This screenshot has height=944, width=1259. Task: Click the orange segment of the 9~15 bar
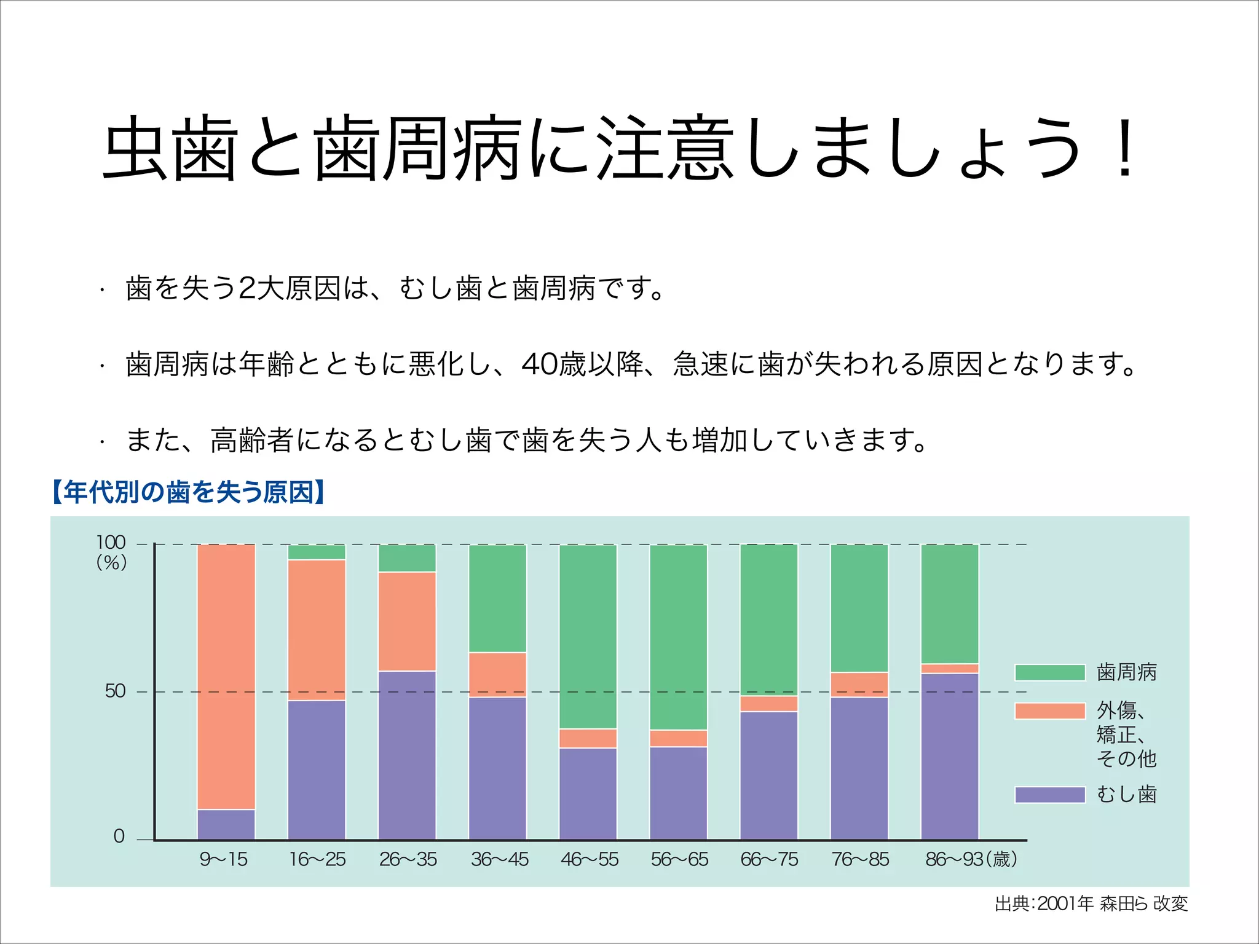[226, 676]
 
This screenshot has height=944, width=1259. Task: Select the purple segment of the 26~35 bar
[407, 755]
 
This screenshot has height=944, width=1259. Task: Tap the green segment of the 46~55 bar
[588, 636]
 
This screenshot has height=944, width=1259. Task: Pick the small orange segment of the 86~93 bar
[949, 669]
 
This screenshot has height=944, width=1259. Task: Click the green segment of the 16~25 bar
[317, 552]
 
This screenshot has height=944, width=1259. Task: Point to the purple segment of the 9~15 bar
[226, 824]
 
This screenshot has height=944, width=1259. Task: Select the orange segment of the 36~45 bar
[497, 674]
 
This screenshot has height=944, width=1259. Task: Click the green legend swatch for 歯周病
[1049, 672]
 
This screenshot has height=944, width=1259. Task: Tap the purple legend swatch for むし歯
[1049, 795]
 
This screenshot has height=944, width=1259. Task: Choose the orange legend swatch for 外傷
[1049, 711]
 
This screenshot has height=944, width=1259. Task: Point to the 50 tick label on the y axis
[115, 691]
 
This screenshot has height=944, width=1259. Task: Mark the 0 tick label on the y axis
[119, 836]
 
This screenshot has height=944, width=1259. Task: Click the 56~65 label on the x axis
[679, 859]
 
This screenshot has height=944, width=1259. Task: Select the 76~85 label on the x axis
[860, 859]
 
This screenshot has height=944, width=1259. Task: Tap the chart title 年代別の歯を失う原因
[188, 492]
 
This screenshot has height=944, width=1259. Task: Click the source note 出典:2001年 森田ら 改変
[1091, 903]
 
